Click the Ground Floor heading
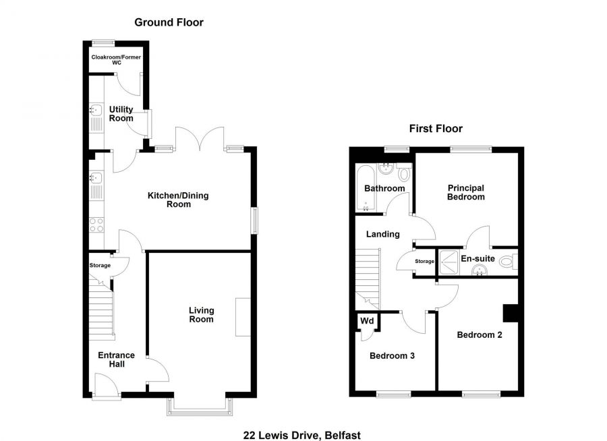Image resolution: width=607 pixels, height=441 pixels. coord(169,22)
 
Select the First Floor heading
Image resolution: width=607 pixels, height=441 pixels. coord(436,128)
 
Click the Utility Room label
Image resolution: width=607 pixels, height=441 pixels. coord(121,113)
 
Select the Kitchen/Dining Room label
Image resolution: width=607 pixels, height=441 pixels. coord(178,200)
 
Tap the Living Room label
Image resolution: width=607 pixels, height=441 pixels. coord(201,315)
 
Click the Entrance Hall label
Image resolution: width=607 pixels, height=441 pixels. coord(116,359)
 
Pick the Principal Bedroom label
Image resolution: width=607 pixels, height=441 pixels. coord(466,192)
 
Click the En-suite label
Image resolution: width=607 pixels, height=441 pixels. coord(478,258)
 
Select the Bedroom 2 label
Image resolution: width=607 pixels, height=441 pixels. coord(479,334)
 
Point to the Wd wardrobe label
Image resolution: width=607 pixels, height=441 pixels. coord(367,320)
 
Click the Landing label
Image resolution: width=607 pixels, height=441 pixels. coord(382,235)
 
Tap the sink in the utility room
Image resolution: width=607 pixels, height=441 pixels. coord(94,112)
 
